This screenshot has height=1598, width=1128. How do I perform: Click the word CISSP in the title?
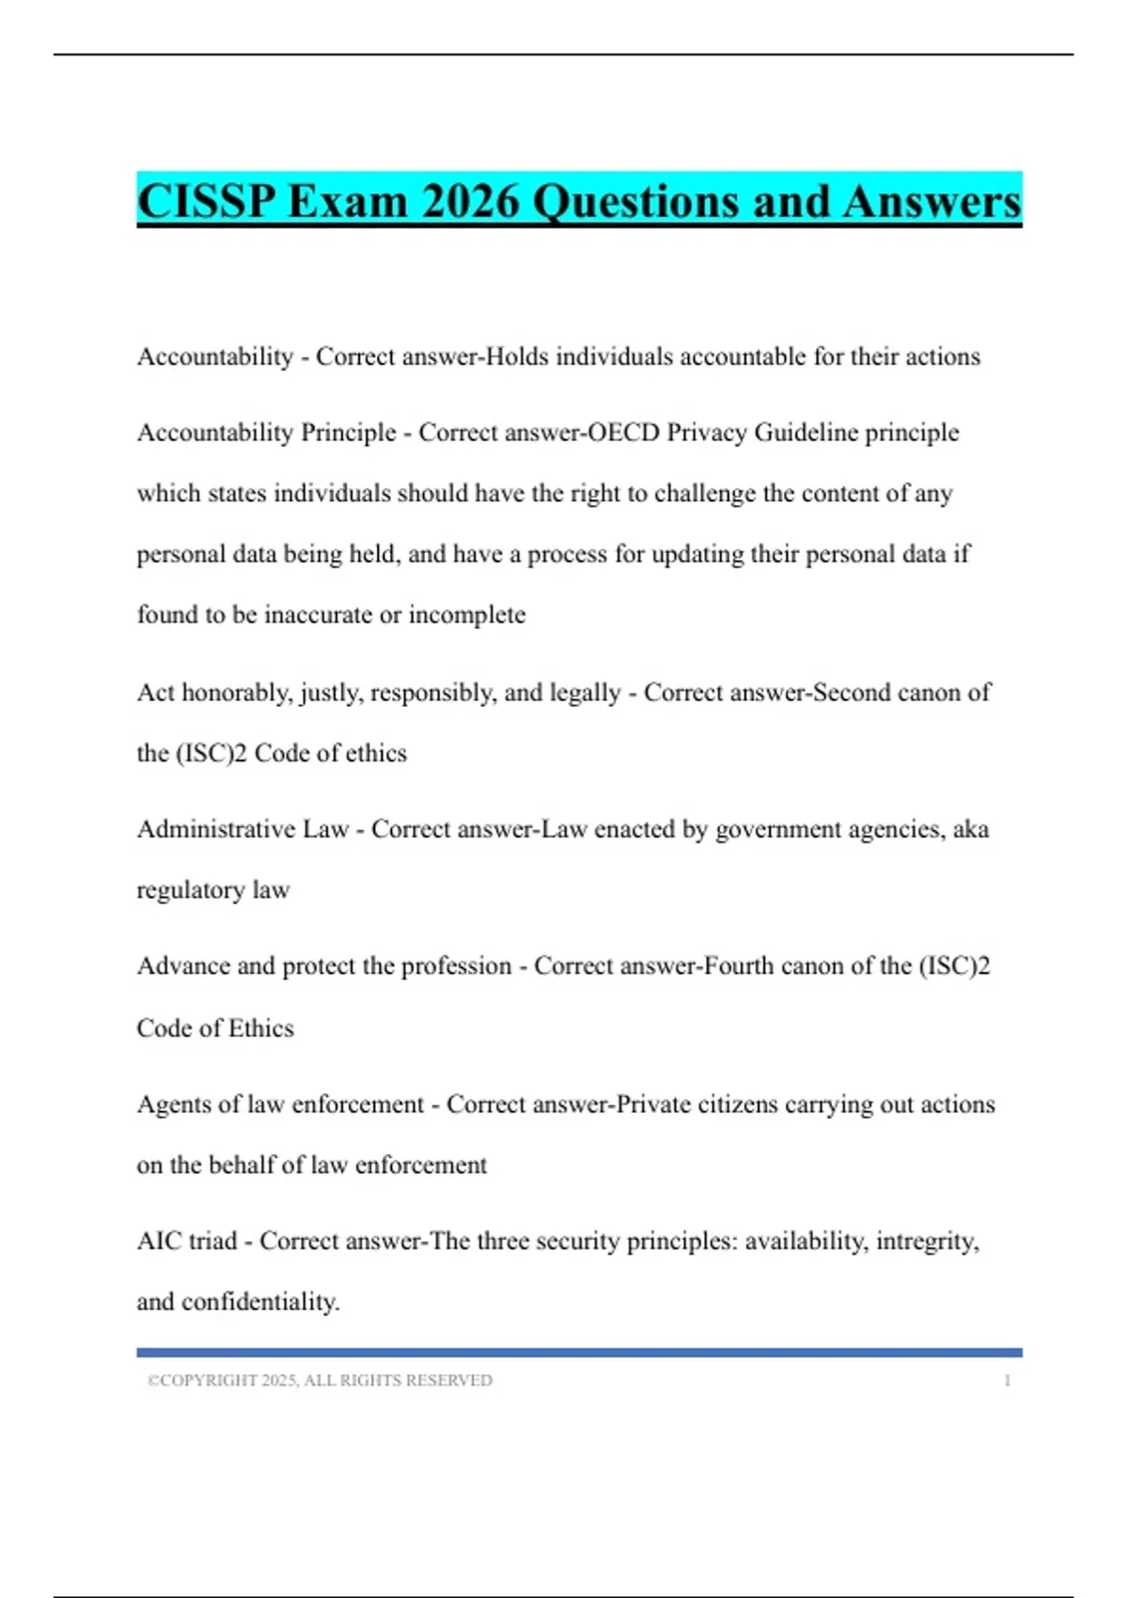pyautogui.click(x=207, y=202)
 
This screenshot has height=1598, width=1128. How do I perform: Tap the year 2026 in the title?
pyautogui.click(x=470, y=202)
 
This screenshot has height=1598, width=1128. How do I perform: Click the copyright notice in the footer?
pyautogui.click(x=320, y=1381)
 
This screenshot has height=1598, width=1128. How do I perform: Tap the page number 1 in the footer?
pyautogui.click(x=1007, y=1381)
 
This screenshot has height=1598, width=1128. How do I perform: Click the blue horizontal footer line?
pyautogui.click(x=579, y=1353)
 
